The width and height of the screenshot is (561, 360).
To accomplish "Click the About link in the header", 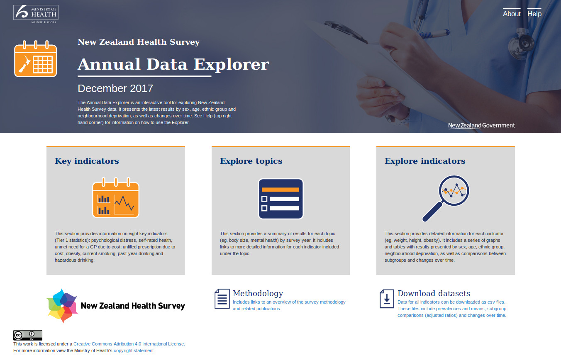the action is (x=511, y=14).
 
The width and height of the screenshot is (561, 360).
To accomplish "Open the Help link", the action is (x=534, y=14).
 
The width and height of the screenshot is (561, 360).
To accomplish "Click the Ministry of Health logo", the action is (x=36, y=14).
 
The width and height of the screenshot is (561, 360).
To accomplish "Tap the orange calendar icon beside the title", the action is (x=36, y=58).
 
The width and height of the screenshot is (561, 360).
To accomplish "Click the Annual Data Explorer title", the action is (x=173, y=64).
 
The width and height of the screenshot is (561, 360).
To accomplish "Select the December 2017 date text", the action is (x=115, y=88).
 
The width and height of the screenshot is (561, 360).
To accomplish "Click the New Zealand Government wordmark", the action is (x=481, y=125).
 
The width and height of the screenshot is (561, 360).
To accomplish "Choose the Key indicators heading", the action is (x=87, y=161).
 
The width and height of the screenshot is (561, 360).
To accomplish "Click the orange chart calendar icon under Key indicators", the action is (x=116, y=198).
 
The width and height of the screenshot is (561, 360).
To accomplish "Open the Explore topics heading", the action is (x=251, y=161).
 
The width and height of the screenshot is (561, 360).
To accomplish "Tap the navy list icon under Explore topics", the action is (x=281, y=199).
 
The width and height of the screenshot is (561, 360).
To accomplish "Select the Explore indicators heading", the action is (x=425, y=161).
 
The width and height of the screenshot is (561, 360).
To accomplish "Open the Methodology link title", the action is (x=258, y=293).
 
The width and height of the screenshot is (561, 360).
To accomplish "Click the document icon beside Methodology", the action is (x=222, y=299).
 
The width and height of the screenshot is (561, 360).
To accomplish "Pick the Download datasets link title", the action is (x=434, y=293).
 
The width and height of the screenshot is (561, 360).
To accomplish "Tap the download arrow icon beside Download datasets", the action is (x=387, y=299).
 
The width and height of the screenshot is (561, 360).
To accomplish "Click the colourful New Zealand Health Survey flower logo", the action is (x=62, y=306).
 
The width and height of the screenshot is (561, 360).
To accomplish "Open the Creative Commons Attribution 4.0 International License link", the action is (x=129, y=344).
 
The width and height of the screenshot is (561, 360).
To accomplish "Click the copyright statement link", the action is (x=134, y=350).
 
